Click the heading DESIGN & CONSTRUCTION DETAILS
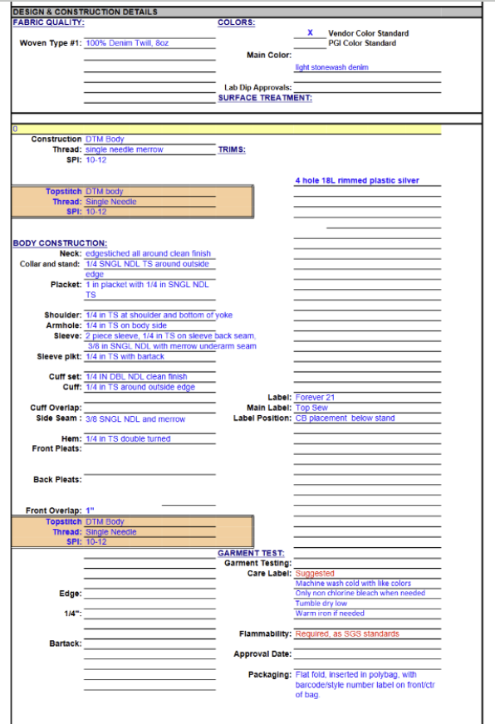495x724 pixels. [85, 12]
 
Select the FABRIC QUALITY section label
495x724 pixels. [48, 22]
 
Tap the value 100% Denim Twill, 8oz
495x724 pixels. [127, 43]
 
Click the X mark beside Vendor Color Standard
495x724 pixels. [310, 33]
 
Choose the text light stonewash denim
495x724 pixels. [331, 68]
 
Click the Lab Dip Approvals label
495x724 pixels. [257, 87]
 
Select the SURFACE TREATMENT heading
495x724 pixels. [265, 98]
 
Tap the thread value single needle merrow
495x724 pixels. [125, 149]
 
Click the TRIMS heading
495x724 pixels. [232, 149]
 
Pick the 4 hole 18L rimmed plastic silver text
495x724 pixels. [357, 180]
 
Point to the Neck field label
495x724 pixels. [70, 253]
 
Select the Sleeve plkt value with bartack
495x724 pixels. [125, 357]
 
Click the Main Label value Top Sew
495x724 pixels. [312, 408]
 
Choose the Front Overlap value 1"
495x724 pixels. [91, 511]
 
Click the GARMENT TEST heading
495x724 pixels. [251, 553]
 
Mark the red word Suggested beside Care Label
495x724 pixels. [315, 574]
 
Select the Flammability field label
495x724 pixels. [265, 634]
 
